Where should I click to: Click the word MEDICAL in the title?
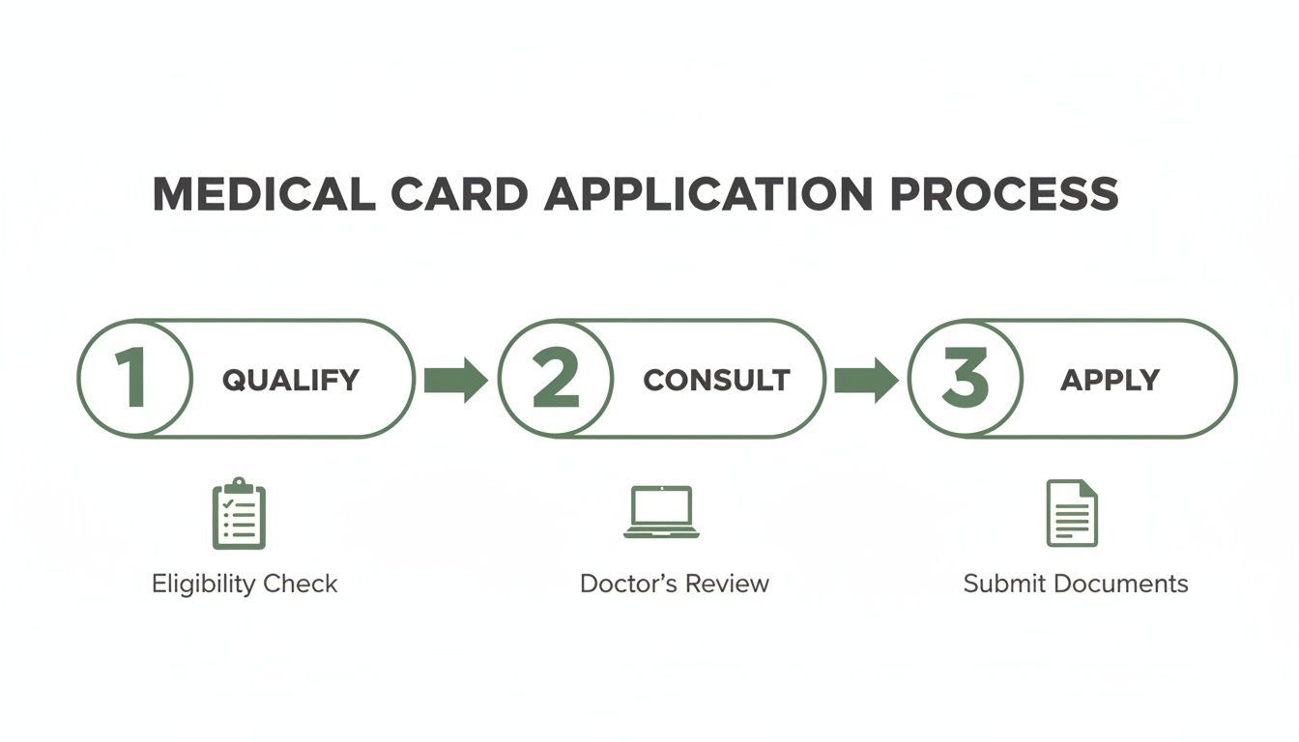pyautogui.click(x=264, y=194)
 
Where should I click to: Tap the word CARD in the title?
pyautogui.click(x=460, y=194)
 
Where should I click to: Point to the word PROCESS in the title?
pyautogui.click(x=1004, y=194)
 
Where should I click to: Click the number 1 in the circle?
pyautogui.click(x=131, y=379)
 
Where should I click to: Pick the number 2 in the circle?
pyautogui.click(x=555, y=379)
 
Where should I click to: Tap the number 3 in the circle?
pyautogui.click(x=965, y=379)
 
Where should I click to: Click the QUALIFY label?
pyautogui.click(x=291, y=380)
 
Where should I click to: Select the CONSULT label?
pyautogui.click(x=716, y=380)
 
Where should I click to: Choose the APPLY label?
pyautogui.click(x=1110, y=380)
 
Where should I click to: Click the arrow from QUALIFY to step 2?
pyautogui.click(x=455, y=380)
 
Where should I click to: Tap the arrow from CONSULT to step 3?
pyautogui.click(x=866, y=380)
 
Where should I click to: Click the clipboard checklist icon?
pyautogui.click(x=239, y=514)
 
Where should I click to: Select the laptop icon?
pyautogui.click(x=661, y=512)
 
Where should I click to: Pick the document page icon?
pyautogui.click(x=1072, y=513)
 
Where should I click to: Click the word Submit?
pyautogui.click(x=1004, y=584)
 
